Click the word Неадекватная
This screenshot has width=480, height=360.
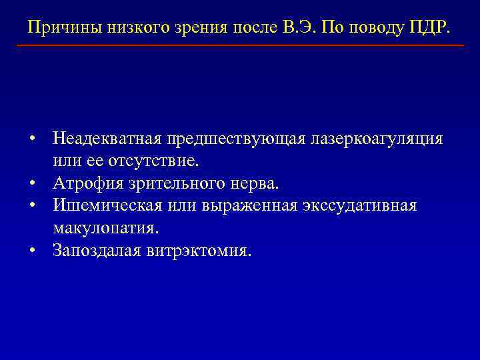point(108,139)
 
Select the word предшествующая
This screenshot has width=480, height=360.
point(235,139)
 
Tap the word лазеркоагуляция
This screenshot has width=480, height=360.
point(375,139)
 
